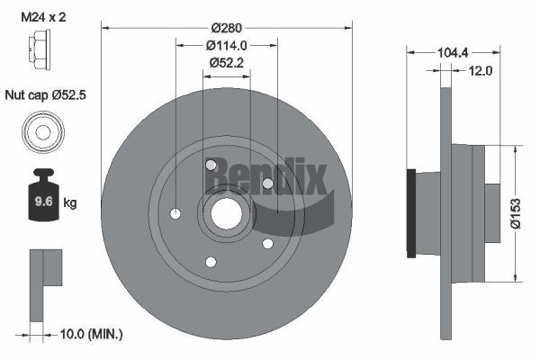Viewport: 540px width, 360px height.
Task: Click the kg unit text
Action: [x=70, y=203]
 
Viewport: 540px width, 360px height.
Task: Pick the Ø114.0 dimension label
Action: [x=226, y=44]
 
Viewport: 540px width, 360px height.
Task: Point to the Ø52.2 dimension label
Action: [x=226, y=62]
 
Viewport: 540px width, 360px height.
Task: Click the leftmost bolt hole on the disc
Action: [x=175, y=213]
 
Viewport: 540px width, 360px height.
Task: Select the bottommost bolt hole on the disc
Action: [x=211, y=262]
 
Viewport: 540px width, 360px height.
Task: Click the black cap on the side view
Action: [x=411, y=212]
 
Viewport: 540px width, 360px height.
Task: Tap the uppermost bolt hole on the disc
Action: [x=211, y=165]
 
